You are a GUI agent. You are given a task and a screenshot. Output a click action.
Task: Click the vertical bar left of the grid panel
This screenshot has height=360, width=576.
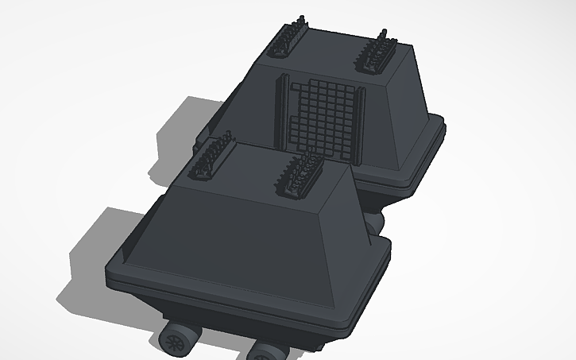pos(280,110)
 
